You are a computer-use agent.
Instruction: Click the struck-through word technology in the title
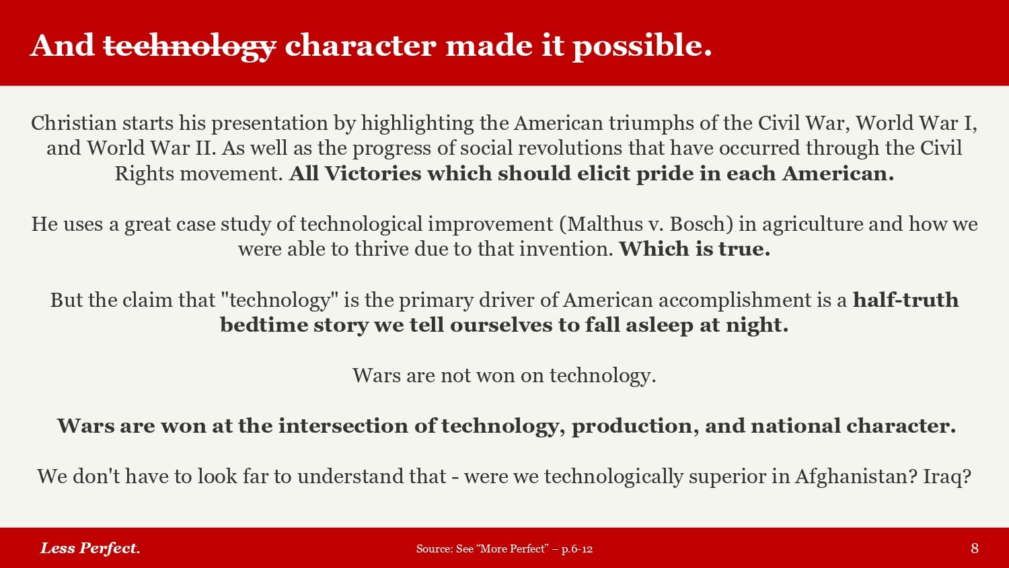[x=190, y=47]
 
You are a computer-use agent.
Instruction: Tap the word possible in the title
[x=642, y=46]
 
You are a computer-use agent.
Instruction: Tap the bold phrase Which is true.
[x=695, y=249]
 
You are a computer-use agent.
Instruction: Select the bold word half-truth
[x=906, y=299]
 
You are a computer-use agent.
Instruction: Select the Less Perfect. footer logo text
[x=90, y=548]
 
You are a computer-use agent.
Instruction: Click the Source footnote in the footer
[x=504, y=548]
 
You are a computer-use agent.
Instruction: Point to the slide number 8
[x=975, y=548]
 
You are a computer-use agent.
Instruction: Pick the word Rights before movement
[x=144, y=174]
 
